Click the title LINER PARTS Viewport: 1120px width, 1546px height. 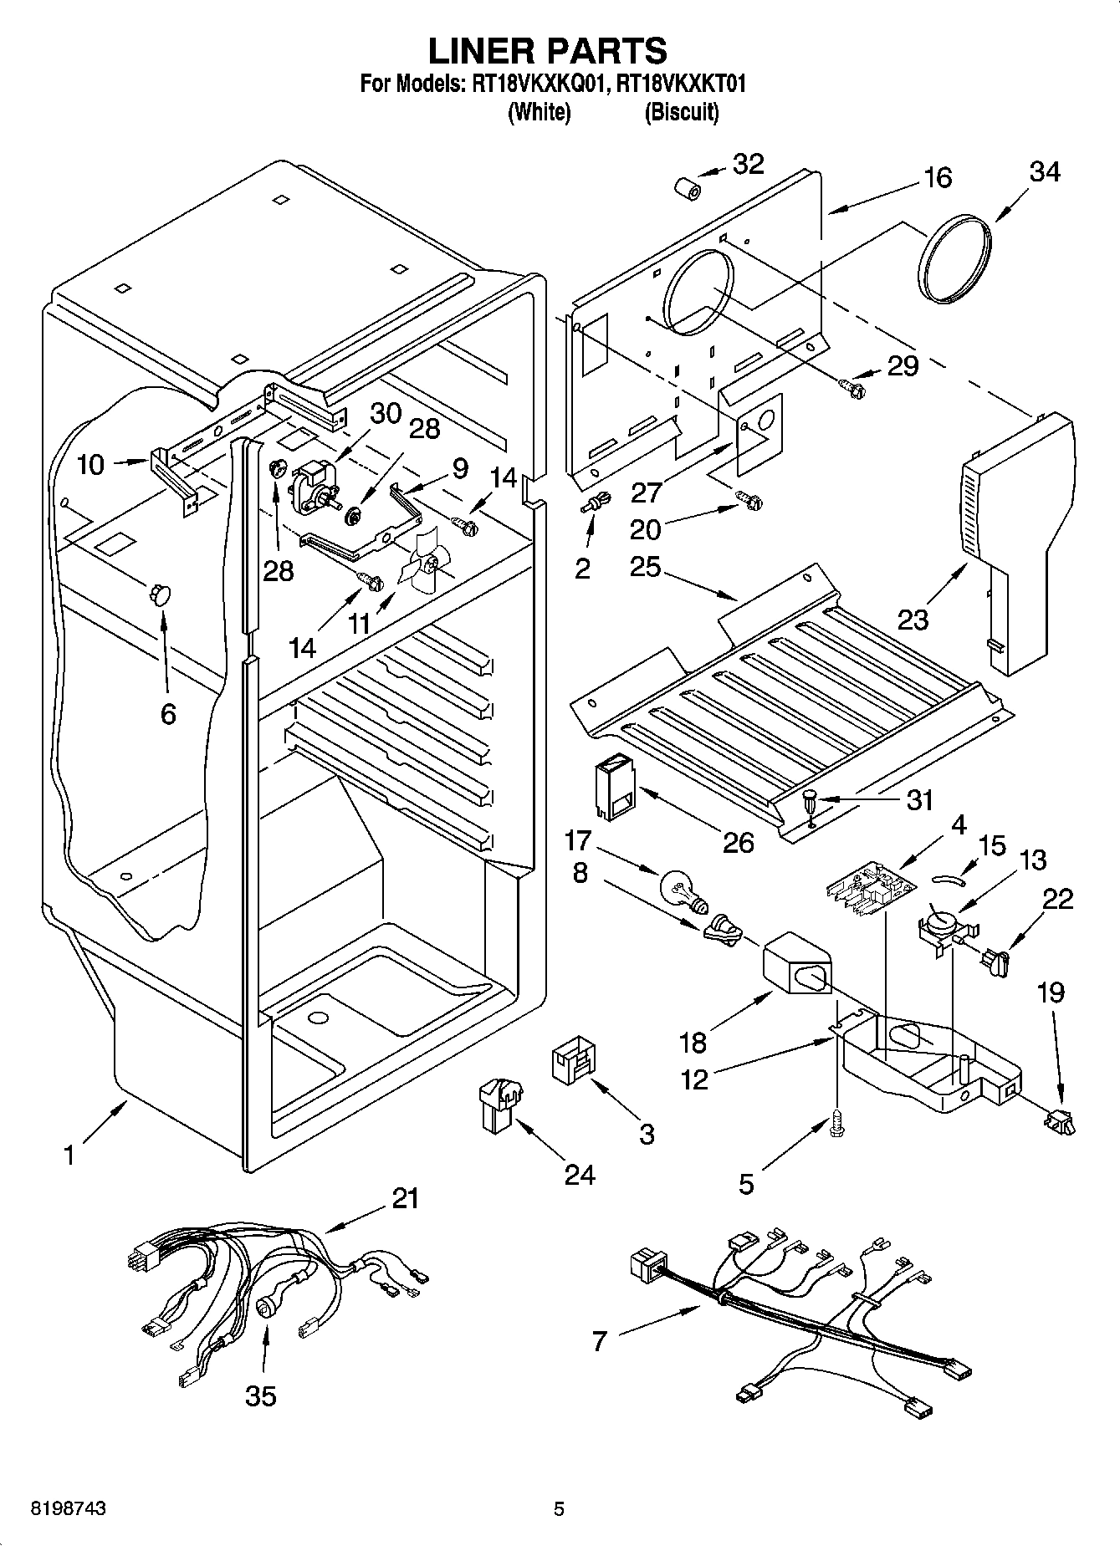click(x=548, y=51)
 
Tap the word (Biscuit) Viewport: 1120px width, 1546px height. click(x=681, y=112)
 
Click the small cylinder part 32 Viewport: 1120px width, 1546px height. click(x=687, y=191)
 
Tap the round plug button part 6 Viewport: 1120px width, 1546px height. click(x=159, y=593)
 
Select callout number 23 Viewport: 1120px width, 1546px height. click(x=913, y=620)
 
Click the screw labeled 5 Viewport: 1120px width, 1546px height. click(x=836, y=1124)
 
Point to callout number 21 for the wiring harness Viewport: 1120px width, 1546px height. click(x=405, y=1198)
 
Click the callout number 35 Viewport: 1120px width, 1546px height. click(x=261, y=1395)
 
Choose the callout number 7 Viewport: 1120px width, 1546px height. click(x=599, y=1341)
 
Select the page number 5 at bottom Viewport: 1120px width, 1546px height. click(x=559, y=1509)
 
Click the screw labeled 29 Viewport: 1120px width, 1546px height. click(x=852, y=385)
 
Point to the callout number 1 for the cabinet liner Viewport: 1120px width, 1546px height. click(x=70, y=1156)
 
